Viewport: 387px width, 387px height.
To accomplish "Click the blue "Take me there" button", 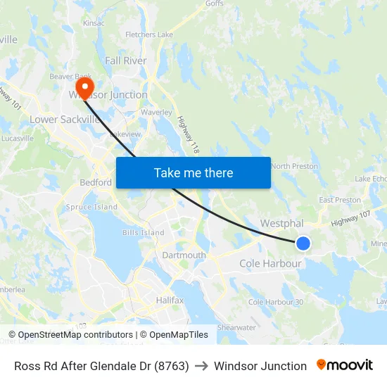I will (x=193, y=172).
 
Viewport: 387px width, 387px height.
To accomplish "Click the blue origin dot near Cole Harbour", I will (x=303, y=243).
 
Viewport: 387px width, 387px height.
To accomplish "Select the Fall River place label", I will (x=126, y=61).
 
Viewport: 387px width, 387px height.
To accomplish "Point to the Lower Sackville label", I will (x=65, y=120).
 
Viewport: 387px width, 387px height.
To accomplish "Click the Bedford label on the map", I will (x=95, y=182).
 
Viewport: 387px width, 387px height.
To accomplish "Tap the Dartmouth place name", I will (x=184, y=255).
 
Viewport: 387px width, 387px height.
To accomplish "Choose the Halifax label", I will (x=170, y=300).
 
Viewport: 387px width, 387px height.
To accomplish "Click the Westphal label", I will (x=281, y=223).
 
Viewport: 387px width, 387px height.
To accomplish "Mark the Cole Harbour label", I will (x=270, y=264).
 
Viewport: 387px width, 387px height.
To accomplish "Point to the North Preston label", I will (x=294, y=166).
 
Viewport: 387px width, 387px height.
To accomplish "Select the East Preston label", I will (x=340, y=200).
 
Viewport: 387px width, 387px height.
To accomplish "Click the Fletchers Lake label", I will (x=149, y=34).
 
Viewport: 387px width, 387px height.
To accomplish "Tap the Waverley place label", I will (x=156, y=112).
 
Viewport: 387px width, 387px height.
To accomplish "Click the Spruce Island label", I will (x=91, y=208).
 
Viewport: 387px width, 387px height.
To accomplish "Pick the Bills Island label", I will (x=143, y=233).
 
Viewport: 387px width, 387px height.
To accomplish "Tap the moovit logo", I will (x=345, y=365).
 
